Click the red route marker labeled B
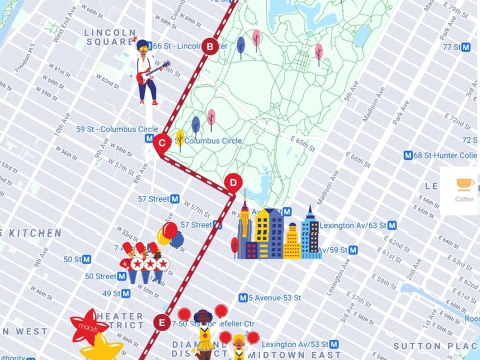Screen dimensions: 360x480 (x=210, y=46)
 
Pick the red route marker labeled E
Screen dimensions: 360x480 (x=161, y=322)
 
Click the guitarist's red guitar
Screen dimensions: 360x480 (x=152, y=73)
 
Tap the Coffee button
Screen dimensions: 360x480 (x=464, y=190)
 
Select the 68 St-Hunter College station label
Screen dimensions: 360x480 (x=440, y=155)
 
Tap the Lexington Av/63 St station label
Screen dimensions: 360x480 (x=357, y=225)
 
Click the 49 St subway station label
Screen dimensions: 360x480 (x=116, y=293)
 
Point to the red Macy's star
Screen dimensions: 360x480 (x=88, y=326)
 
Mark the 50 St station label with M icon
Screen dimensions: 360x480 (x=77, y=259)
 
